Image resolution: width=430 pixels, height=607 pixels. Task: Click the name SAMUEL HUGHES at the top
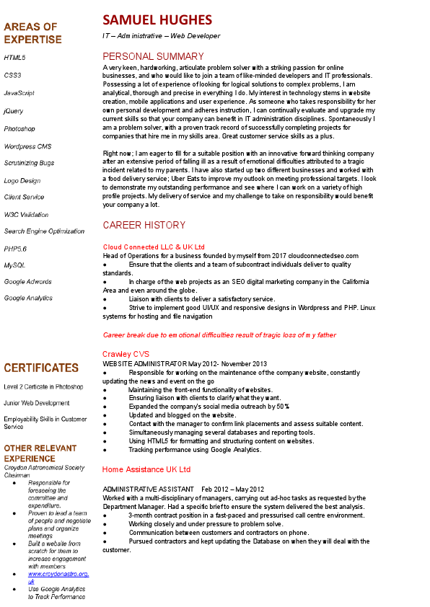157,19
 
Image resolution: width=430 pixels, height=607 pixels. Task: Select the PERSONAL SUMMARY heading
153,56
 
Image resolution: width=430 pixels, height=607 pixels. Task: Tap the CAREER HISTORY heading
144,225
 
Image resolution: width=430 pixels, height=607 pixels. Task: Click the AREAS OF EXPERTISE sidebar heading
32,33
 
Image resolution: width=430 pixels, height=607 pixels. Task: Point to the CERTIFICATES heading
41,368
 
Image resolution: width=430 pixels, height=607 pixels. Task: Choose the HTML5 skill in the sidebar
14,57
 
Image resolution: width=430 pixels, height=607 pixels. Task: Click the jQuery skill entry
14,111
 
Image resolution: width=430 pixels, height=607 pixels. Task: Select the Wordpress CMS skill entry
27,146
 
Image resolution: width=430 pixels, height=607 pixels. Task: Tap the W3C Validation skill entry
26,214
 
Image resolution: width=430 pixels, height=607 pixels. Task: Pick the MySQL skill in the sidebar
14,265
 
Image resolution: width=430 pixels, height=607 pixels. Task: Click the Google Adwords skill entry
27,282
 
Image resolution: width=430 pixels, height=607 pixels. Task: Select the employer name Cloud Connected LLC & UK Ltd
154,247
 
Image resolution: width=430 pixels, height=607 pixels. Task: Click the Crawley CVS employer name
127,354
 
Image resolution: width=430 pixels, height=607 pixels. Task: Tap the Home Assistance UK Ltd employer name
146,469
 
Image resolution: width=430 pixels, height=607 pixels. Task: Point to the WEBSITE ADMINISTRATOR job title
145,364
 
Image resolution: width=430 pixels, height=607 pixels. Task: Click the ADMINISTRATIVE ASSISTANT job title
148,489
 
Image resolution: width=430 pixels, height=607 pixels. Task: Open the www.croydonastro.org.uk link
58,577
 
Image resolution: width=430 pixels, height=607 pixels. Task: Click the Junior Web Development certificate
37,403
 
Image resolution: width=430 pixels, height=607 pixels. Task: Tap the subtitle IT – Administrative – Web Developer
161,35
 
